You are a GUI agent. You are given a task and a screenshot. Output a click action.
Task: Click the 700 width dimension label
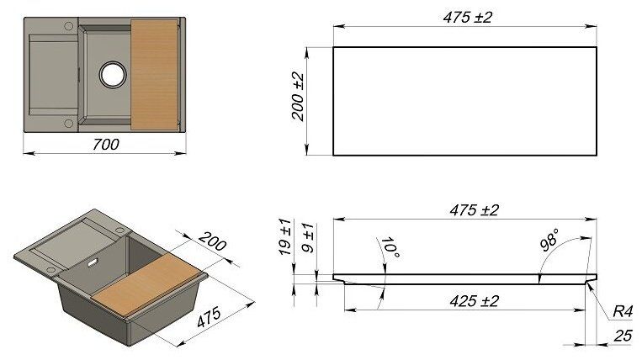point(104,144)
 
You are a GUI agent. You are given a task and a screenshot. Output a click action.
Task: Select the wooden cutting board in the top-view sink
point(157,75)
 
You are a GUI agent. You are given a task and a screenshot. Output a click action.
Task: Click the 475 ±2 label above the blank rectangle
point(465,18)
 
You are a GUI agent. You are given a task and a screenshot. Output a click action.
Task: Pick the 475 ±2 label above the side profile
point(465,210)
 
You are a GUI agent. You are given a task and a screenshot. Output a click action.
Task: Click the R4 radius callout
point(622,311)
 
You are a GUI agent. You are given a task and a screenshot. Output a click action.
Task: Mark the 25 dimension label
point(621,336)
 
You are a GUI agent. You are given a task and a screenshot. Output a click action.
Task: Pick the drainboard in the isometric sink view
point(71,248)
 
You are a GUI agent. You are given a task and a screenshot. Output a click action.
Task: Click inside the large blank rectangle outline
point(465,101)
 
